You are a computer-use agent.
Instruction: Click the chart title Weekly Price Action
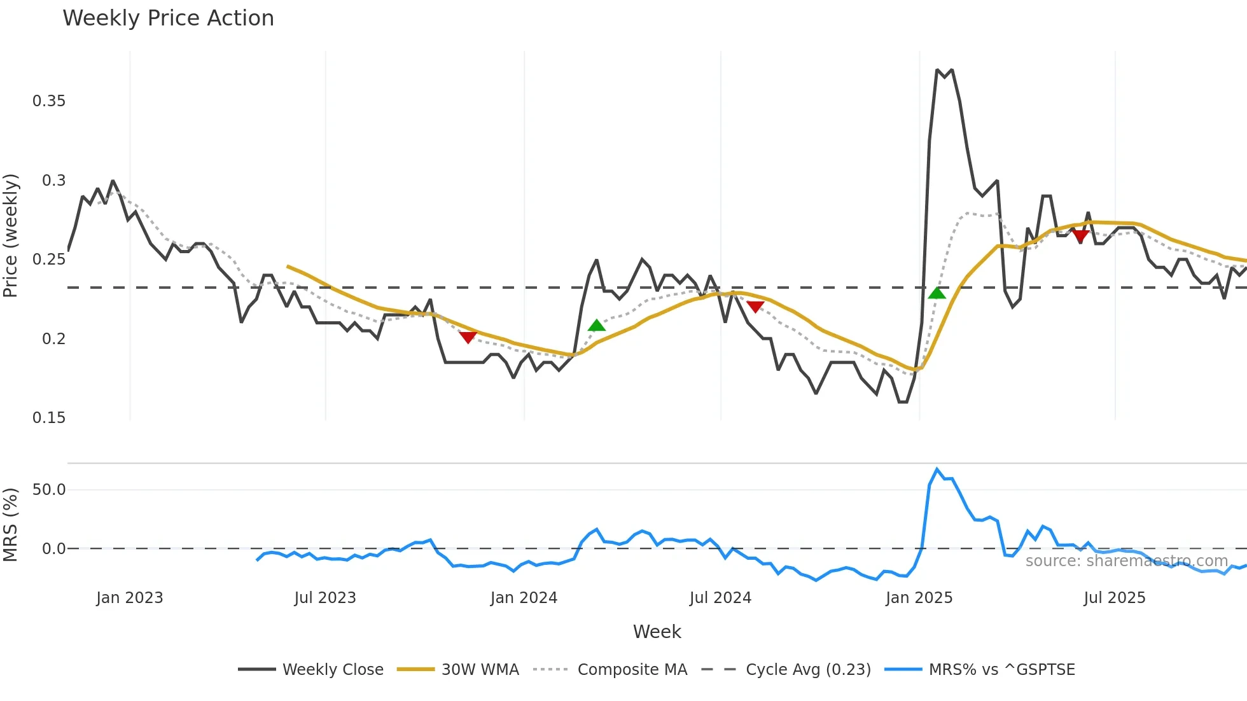click(168, 18)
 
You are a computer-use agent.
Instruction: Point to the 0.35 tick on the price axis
click(49, 101)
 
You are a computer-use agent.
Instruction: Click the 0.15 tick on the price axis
click(49, 418)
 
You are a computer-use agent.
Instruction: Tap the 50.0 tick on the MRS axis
click(49, 490)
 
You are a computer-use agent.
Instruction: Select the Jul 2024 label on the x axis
click(720, 598)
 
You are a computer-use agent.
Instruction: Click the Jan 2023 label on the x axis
click(130, 598)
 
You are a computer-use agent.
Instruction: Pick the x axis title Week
click(657, 632)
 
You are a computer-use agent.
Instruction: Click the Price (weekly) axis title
click(11, 235)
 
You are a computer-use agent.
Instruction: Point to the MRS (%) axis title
click(11, 525)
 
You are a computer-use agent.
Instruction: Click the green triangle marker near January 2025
click(937, 293)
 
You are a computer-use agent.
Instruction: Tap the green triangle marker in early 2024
click(596, 326)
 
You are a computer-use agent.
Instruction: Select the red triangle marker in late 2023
click(468, 337)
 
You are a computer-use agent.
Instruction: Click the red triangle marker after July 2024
click(755, 307)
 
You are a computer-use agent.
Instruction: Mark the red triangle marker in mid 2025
click(1080, 237)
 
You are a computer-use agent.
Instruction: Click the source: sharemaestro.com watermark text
click(1126, 561)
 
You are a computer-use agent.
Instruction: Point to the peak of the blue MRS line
click(937, 469)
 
